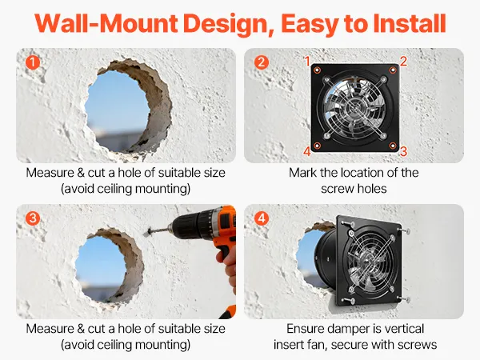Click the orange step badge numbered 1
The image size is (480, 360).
[33, 62]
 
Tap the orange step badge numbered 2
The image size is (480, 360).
[261, 62]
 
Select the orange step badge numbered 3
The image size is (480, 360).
[33, 218]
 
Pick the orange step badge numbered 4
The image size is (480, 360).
[261, 218]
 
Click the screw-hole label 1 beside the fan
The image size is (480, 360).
[307, 62]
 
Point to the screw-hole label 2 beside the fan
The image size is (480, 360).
[403, 62]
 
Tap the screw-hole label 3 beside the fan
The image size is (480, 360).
[403, 151]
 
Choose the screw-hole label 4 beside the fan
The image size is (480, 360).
[307, 151]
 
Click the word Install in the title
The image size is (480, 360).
[410, 23]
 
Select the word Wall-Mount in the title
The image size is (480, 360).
[106, 23]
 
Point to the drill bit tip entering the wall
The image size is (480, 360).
[148, 232]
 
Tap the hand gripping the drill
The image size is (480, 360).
[227, 266]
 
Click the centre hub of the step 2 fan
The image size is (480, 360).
[355, 108]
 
